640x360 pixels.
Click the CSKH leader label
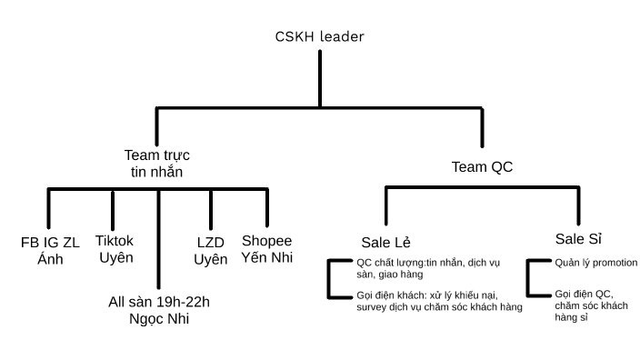320,37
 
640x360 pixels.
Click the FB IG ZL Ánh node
49,250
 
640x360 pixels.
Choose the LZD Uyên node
210,250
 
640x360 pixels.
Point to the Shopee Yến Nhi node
267,248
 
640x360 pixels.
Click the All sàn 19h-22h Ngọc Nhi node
159,310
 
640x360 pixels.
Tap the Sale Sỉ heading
579,239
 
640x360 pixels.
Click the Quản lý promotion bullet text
595,264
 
